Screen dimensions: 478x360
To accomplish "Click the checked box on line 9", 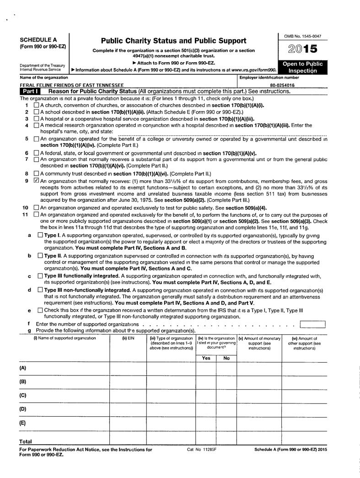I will (37, 181).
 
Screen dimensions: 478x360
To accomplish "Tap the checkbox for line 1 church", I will (37, 105).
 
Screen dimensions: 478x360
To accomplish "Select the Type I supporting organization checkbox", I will (40, 235).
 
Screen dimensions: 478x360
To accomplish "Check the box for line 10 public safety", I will (37, 207).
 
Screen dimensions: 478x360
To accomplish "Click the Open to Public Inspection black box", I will (302, 67).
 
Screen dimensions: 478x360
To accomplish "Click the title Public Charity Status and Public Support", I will (173, 41).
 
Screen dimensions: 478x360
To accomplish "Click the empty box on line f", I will (312, 325).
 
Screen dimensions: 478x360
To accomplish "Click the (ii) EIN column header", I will (128, 338).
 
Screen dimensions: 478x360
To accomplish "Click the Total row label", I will (25, 441).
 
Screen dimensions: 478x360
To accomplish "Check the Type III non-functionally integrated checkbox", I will (40, 290).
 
